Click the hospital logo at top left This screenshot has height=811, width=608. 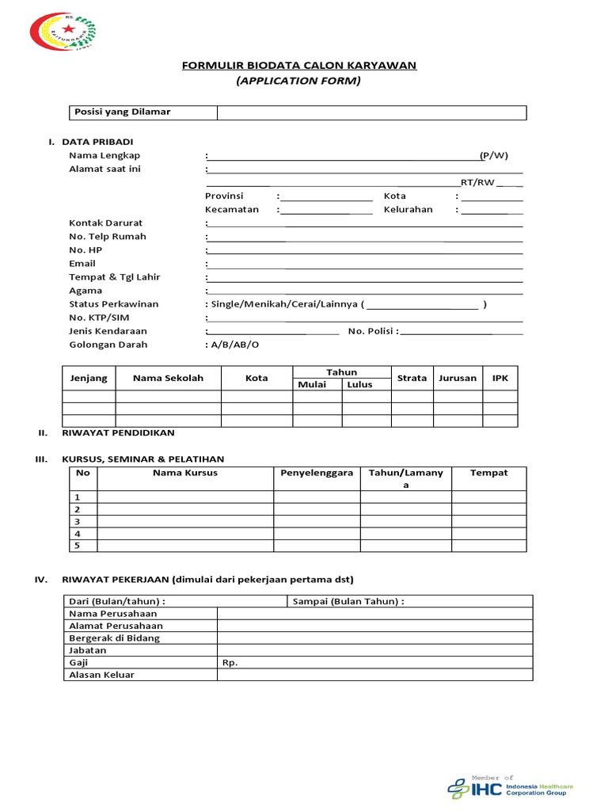(x=63, y=31)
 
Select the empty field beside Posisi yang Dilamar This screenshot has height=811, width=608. (x=371, y=112)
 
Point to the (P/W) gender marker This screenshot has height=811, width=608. (x=494, y=155)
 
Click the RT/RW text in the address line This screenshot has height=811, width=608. (x=477, y=182)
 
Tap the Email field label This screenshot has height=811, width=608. (x=82, y=263)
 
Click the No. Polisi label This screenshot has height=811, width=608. (x=373, y=331)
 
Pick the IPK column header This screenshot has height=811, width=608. (x=500, y=378)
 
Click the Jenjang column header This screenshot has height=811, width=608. (x=89, y=378)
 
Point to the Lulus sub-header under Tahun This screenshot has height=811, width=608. (x=359, y=384)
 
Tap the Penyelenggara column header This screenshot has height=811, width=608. (x=317, y=473)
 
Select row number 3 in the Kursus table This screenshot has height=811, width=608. (x=78, y=522)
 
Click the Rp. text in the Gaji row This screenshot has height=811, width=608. (x=230, y=663)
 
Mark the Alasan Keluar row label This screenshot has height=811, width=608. (x=101, y=675)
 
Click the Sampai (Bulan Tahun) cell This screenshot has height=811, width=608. (x=348, y=601)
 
